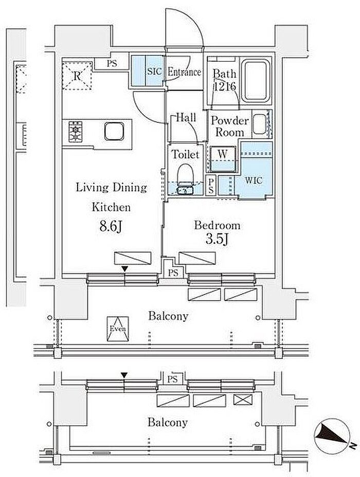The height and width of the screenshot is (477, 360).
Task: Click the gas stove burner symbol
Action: tap(75, 132)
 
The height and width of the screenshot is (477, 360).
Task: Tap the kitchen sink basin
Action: tap(114, 132)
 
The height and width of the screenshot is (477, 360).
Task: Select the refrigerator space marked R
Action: tap(77, 76)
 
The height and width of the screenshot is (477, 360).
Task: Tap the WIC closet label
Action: tap(254, 180)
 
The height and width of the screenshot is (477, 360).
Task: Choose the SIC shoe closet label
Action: tap(155, 71)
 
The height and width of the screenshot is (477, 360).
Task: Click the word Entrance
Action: tap(185, 72)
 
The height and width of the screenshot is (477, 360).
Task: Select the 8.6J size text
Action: tap(111, 226)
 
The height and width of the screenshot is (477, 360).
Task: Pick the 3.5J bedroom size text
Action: tap(217, 239)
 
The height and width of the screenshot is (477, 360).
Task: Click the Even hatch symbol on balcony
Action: tap(118, 328)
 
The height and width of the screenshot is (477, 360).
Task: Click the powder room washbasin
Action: tap(260, 124)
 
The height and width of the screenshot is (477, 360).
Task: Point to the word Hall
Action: tap(186, 117)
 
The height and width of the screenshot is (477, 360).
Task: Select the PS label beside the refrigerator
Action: tap(112, 64)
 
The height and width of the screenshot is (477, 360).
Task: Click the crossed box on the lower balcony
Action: tap(243, 399)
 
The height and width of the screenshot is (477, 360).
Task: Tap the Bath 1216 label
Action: tap(225, 80)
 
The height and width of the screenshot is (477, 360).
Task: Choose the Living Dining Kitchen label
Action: tap(112, 197)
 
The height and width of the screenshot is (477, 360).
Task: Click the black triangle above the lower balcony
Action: tap(123, 375)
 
